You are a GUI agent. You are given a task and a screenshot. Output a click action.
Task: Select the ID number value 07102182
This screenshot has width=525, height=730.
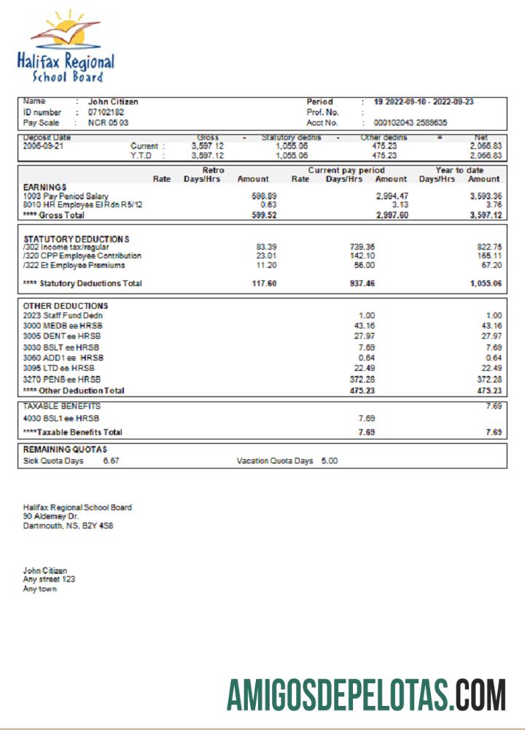[106, 112]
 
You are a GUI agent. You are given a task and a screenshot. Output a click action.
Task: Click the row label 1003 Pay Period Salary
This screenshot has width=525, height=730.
[66, 196]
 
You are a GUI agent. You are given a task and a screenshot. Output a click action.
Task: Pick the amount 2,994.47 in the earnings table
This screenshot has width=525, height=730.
[392, 196]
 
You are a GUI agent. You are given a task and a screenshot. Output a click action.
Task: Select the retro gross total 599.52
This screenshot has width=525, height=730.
[263, 215]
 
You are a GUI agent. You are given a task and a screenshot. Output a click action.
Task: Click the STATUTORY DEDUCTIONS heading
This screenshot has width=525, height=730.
[76, 239]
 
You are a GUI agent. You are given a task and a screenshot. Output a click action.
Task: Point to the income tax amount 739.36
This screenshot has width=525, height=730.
[362, 247]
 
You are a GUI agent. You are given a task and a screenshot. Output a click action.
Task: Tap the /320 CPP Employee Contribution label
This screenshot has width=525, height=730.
[82, 256]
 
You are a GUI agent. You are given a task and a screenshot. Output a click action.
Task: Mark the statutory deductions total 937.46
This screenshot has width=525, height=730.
[362, 283]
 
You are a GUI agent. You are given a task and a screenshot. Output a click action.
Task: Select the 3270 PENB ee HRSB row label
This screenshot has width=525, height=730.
[61, 380]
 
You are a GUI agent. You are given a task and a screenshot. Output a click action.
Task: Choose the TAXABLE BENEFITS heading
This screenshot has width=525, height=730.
[62, 406]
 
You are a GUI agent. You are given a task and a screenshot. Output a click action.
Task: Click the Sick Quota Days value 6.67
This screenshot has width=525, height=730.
[112, 461]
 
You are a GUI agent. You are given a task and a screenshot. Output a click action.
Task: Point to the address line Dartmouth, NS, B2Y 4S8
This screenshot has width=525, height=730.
[68, 525]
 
